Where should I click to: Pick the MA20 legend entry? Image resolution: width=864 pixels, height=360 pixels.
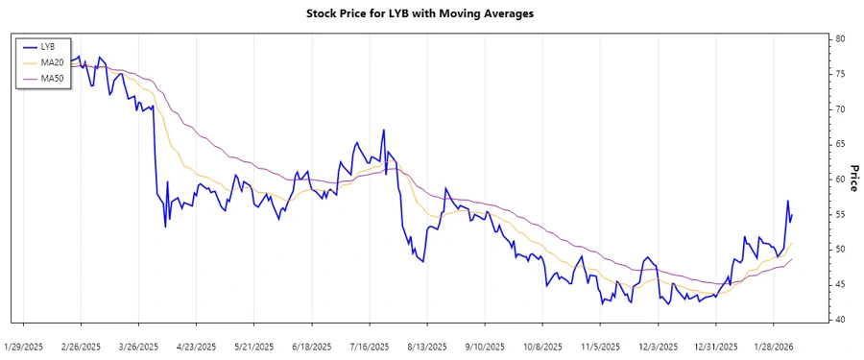tap(50, 61)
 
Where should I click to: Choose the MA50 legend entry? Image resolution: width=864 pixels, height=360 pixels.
tap(50, 77)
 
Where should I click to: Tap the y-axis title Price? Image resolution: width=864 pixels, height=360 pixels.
tap(851, 179)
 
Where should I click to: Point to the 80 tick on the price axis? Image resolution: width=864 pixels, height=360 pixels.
tap(839, 39)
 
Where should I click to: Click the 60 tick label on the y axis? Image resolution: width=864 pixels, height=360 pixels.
tap(839, 180)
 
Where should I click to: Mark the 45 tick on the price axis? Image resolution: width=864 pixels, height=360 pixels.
tap(839, 284)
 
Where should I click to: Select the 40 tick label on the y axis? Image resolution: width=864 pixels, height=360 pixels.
tap(839, 320)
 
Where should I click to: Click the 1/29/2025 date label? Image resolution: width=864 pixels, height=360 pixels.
tap(24, 345)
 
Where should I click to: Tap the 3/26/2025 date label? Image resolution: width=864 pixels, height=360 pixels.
tap(141, 345)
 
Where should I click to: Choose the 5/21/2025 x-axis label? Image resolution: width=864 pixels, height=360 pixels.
tap(254, 345)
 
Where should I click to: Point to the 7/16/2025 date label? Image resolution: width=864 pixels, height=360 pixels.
tap(370, 345)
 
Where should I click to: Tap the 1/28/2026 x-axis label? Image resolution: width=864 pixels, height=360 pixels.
tap(773, 345)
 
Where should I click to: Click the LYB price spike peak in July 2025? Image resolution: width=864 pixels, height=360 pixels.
tap(384, 130)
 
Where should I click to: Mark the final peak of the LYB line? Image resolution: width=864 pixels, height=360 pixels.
tap(787, 201)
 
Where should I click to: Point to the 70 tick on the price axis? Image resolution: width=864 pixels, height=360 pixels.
tap(839, 109)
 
